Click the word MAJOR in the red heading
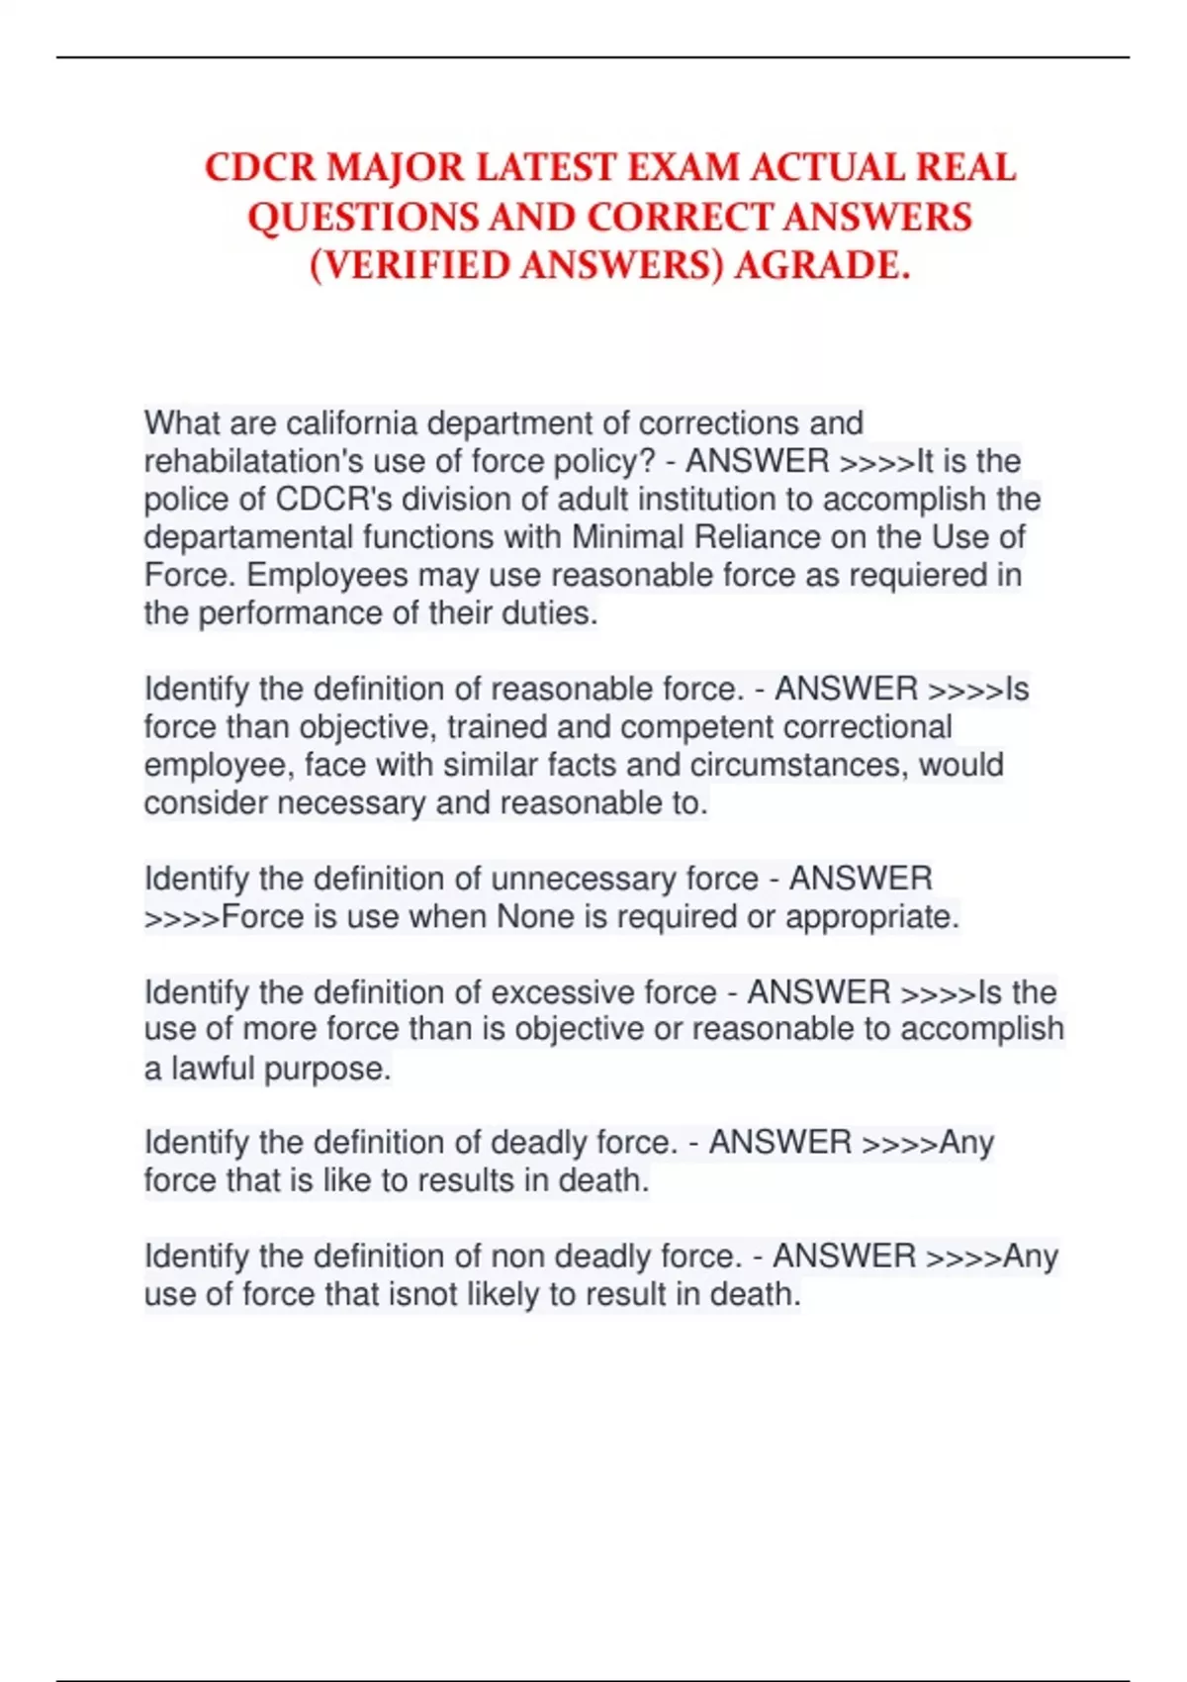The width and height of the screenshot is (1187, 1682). [395, 168]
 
